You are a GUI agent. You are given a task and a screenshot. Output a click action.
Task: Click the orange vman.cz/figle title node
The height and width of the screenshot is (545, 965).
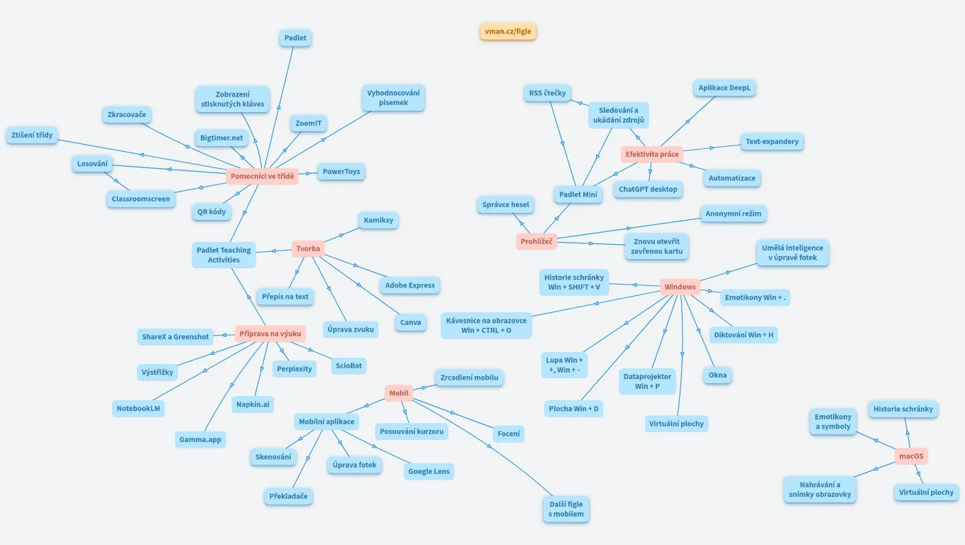click(x=507, y=31)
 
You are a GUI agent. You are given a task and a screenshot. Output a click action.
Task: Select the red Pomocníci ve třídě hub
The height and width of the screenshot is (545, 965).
click(x=263, y=176)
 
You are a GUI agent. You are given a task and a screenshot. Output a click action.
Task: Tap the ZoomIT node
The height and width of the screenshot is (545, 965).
click(x=309, y=123)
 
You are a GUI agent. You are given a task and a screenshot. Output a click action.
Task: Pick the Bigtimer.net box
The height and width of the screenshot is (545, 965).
click(x=221, y=138)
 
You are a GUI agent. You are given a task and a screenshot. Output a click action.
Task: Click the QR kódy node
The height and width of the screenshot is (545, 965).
click(x=211, y=211)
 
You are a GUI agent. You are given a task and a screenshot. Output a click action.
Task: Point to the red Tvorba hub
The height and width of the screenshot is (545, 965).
click(x=308, y=248)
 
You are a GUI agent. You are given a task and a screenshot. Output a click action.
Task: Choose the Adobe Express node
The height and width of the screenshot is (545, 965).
click(x=409, y=285)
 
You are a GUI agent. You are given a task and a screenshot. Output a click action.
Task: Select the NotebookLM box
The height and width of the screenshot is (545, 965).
click(x=138, y=408)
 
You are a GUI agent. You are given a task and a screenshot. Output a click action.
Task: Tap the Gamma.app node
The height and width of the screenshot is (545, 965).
click(x=200, y=439)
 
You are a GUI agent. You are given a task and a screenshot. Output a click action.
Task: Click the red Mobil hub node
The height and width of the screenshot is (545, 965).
click(x=399, y=393)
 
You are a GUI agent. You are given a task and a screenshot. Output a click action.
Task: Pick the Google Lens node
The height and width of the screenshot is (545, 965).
click(x=429, y=470)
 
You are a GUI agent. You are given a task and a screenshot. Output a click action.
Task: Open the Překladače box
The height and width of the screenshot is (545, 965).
click(x=289, y=496)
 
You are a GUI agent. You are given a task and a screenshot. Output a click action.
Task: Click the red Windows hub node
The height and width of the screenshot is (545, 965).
click(x=680, y=287)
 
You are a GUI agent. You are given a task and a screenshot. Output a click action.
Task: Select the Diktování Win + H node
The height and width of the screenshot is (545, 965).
click(x=744, y=335)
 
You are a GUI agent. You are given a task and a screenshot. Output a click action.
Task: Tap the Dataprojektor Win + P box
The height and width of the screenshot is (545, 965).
click(x=647, y=381)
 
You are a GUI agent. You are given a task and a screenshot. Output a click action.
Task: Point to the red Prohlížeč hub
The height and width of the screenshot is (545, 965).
click(x=536, y=241)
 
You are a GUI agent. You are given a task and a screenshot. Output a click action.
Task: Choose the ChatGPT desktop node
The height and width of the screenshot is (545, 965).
click(x=648, y=189)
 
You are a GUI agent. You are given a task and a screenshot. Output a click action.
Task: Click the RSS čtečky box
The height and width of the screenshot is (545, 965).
click(x=547, y=93)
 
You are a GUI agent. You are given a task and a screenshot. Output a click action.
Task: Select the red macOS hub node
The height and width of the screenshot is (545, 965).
click(x=911, y=456)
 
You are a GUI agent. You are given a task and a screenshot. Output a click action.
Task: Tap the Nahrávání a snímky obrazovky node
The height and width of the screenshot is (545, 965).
click(x=820, y=490)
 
